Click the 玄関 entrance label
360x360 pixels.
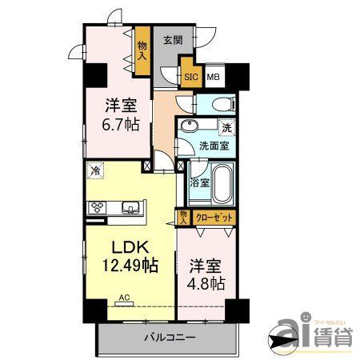(x=174, y=40)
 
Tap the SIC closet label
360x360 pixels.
(x=191, y=77)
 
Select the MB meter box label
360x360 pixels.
(x=213, y=77)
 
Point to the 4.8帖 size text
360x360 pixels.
(x=206, y=282)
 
